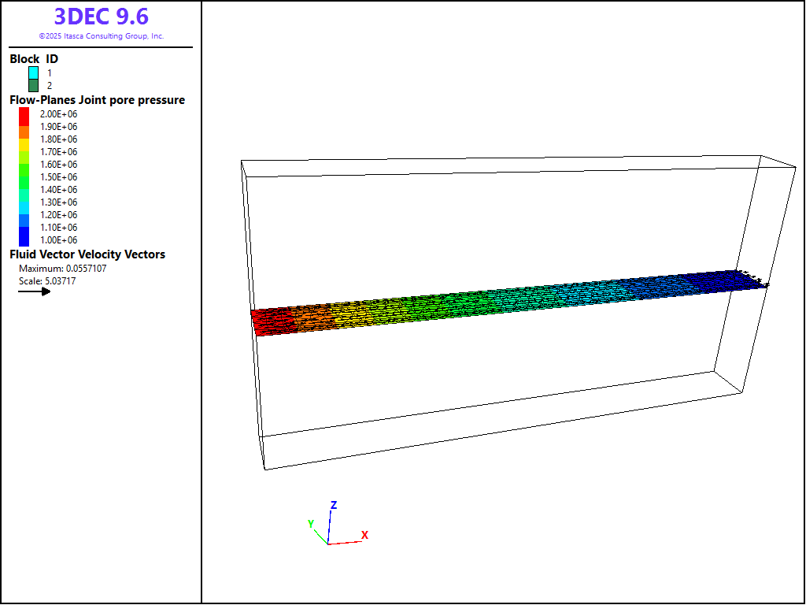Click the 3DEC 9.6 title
(102, 17)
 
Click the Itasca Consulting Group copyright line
(102, 36)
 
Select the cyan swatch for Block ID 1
(33, 73)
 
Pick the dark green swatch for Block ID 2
(33, 85)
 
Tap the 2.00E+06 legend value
(58, 114)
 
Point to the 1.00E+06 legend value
(58, 240)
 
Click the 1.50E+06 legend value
(58, 177)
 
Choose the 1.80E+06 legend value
(58, 139)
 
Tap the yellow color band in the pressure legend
(24, 145)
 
